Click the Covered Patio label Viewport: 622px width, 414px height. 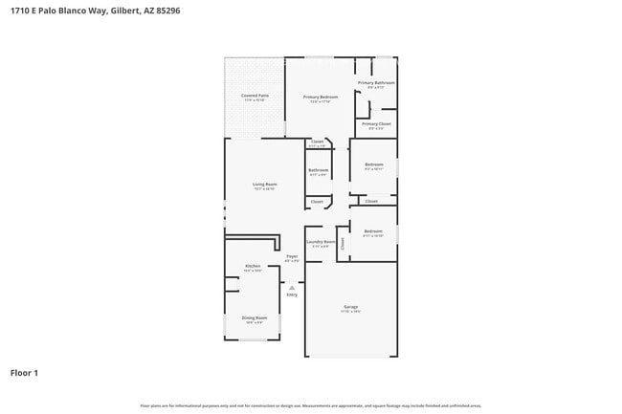click(x=255, y=97)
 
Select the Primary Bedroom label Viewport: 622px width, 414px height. click(x=322, y=98)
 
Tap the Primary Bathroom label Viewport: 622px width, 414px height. click(x=376, y=84)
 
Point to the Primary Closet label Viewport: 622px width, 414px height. click(x=376, y=125)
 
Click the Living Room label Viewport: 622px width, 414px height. click(x=265, y=185)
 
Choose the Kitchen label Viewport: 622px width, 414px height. click(x=253, y=266)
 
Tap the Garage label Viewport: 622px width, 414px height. click(x=351, y=307)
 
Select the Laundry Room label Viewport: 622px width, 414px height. click(x=321, y=243)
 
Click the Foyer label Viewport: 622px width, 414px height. click(x=292, y=257)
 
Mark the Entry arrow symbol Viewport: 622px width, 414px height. click(x=292, y=287)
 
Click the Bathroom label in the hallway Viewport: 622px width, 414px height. click(x=319, y=171)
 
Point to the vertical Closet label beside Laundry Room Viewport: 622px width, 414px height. click(x=343, y=244)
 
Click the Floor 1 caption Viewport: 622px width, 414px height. click(x=24, y=372)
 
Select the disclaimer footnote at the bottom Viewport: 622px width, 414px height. click(x=310, y=405)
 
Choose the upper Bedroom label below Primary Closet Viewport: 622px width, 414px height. click(x=373, y=165)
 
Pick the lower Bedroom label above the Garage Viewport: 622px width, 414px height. click(x=373, y=231)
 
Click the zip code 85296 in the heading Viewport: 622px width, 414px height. click(x=167, y=11)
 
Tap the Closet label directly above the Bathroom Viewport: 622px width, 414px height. click(x=317, y=142)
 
